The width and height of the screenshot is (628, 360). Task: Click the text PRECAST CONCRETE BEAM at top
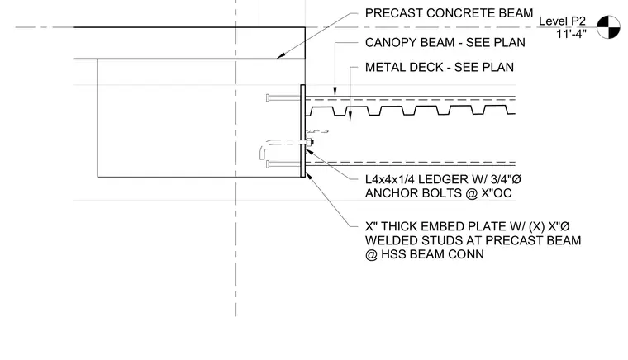tap(449, 13)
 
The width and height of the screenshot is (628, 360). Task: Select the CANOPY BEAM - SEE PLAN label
tap(445, 42)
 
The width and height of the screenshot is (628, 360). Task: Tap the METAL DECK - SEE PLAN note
tap(440, 67)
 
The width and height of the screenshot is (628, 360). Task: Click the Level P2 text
tap(562, 21)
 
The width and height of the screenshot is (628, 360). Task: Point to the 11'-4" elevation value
tap(571, 34)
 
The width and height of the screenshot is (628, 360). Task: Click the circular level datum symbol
tap(608, 27)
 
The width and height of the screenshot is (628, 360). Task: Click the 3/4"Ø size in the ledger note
tap(506, 180)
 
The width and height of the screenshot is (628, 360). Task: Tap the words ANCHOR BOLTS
tap(413, 193)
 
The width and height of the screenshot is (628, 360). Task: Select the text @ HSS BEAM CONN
tap(425, 254)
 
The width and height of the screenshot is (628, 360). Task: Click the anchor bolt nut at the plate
tap(310, 142)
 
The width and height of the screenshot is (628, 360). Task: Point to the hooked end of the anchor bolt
tap(262, 152)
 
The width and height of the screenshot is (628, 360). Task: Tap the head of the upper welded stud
tap(268, 97)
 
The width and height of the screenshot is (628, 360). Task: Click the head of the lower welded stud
tap(268, 164)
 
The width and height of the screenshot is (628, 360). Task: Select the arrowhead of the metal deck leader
tap(350, 116)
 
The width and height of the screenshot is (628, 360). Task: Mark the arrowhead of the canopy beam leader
tap(335, 92)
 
